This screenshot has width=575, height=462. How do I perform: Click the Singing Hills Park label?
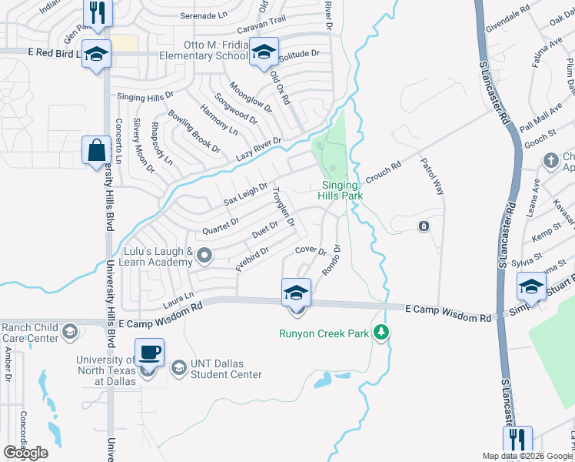338,190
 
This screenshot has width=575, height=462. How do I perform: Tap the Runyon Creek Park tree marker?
381,333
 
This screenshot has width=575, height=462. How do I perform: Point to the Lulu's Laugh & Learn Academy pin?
204,255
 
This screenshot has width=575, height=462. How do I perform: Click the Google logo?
25,453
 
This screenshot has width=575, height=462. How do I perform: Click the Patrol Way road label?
432,176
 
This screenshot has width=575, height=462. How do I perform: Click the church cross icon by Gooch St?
550,160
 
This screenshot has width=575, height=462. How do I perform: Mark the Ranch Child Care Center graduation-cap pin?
70,331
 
